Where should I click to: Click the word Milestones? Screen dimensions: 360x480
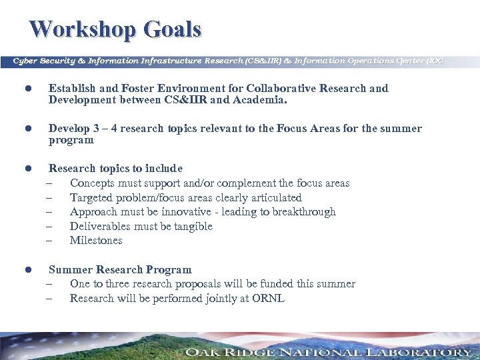(x=96, y=241)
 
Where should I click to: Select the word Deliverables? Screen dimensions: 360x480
(x=101, y=227)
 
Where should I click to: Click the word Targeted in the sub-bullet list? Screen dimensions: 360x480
(x=91, y=198)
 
